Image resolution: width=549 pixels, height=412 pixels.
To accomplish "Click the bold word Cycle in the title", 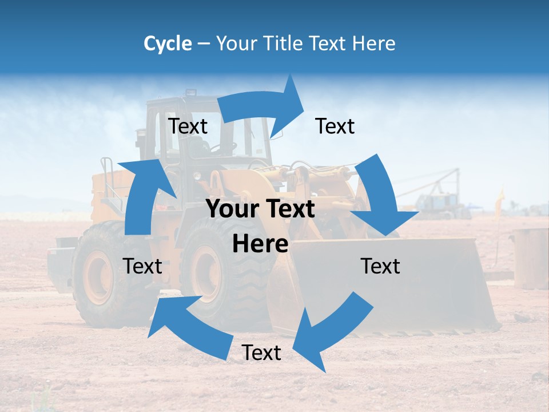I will (168, 43).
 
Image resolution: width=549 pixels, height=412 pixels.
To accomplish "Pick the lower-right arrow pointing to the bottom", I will (335, 326).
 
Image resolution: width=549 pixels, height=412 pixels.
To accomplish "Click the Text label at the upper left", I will (188, 126).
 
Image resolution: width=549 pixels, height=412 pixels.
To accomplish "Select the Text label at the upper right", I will (335, 126).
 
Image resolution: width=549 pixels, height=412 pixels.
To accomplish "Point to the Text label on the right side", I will (380, 266).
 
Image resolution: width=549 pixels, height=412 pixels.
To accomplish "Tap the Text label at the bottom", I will (261, 353).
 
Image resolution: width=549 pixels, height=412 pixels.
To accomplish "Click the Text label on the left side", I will (142, 266).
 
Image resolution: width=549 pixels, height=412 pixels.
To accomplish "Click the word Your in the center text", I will (232, 209).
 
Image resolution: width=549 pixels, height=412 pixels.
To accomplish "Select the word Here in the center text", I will (260, 244).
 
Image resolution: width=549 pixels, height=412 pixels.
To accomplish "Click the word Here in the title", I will (375, 43).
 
